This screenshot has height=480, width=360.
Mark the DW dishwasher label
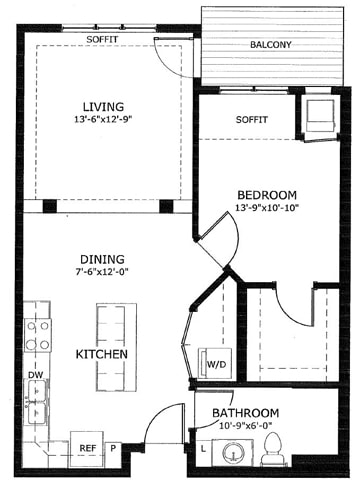[x=34, y=377]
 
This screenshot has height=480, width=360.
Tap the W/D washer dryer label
[x=217, y=363]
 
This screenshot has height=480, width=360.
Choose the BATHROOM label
[x=246, y=413]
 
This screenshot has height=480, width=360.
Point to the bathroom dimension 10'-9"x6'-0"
[x=246, y=427]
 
